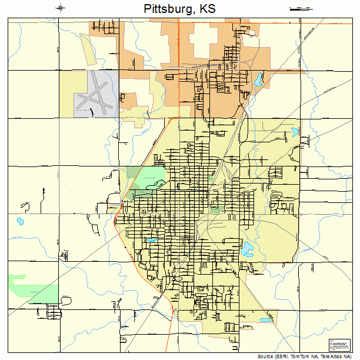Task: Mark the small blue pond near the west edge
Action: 20,222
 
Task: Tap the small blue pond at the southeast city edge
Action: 265,321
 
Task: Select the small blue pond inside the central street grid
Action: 151,241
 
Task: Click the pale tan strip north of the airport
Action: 89,49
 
